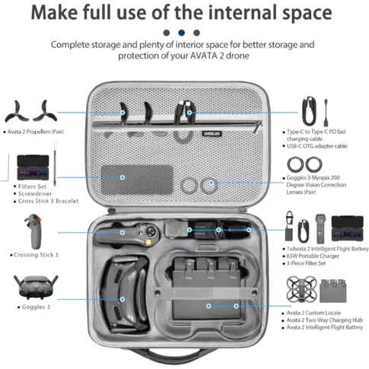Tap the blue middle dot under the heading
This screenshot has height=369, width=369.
(x=181, y=33)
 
